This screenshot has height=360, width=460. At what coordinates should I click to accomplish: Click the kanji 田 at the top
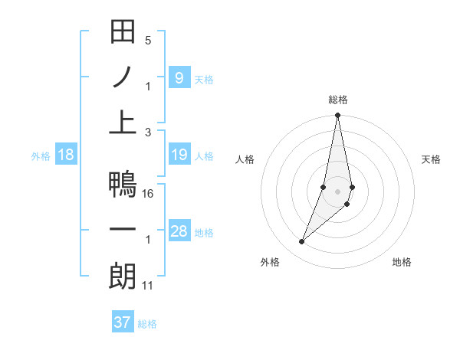123,32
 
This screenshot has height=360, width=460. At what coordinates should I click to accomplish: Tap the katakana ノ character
123,77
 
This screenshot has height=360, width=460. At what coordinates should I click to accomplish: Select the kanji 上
123,123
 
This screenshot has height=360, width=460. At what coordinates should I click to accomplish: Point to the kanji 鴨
123,185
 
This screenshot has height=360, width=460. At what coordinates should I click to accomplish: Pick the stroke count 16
148,194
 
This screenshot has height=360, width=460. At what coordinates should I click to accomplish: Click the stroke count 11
148,286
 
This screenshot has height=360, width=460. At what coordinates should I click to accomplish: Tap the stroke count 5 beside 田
148,41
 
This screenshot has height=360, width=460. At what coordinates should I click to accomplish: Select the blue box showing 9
179,77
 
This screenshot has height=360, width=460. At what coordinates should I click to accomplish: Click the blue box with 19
179,155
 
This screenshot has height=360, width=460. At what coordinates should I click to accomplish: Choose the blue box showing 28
179,232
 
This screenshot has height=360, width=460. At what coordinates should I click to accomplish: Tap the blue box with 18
66,155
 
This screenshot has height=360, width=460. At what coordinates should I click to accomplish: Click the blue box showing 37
123,322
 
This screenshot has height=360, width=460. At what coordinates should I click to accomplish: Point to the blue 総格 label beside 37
147,324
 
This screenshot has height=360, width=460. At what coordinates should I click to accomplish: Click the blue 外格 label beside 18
41,156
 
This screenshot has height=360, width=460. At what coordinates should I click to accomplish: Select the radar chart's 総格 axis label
337,100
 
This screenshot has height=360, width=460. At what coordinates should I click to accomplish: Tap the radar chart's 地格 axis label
402,262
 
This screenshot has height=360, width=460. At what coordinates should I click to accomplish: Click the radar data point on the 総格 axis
337,116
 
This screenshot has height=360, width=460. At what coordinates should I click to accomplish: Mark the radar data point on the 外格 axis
301,242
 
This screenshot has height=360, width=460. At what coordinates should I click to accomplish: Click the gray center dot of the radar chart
337,191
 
